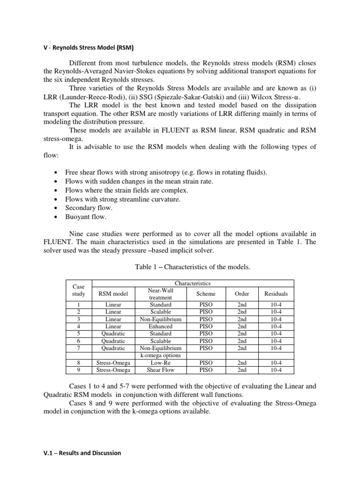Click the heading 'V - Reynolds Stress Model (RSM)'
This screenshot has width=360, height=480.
88,47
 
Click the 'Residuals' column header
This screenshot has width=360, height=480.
276,294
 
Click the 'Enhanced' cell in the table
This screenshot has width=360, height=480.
160,326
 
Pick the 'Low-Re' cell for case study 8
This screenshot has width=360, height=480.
160,362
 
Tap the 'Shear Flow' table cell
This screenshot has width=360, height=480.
160,369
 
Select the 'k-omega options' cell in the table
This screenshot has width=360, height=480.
160,355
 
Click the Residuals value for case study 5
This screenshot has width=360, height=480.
276,333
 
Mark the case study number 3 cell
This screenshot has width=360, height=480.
78,319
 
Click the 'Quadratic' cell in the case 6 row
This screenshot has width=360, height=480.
113,341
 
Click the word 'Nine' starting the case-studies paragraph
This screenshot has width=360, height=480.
77,233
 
